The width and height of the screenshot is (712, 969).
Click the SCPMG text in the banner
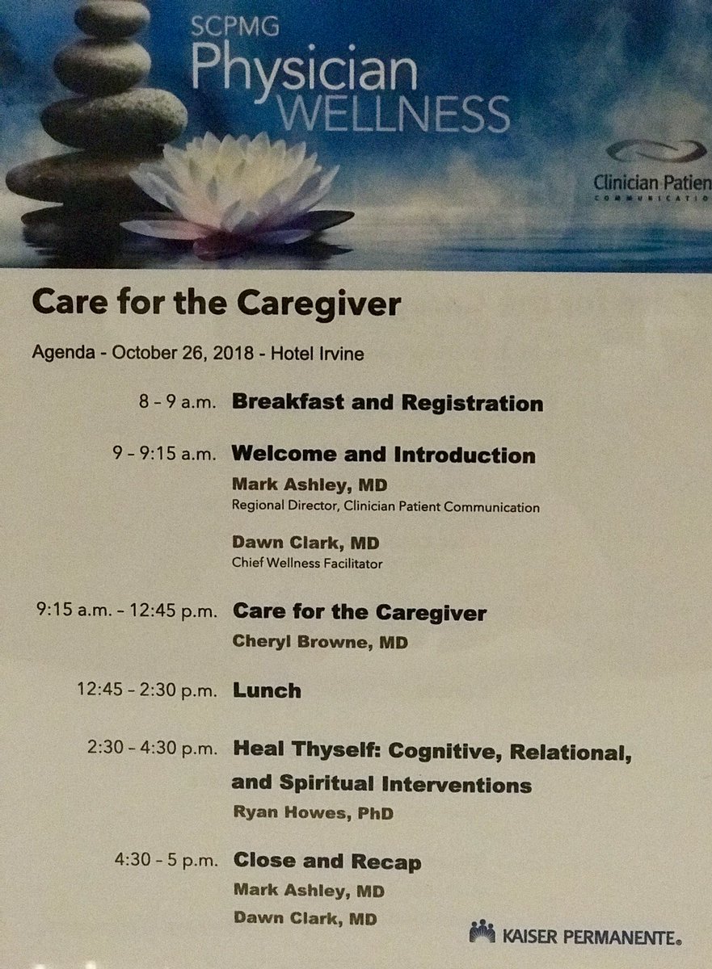(235, 27)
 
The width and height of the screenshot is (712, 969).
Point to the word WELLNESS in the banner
(394, 113)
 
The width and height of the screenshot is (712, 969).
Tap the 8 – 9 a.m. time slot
(177, 402)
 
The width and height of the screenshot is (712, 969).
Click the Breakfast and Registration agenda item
(387, 402)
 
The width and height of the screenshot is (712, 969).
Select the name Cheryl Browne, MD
(320, 641)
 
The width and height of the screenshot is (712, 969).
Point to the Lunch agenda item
(267, 690)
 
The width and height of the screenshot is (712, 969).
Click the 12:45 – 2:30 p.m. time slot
(147, 690)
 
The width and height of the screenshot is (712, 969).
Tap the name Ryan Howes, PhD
(313, 812)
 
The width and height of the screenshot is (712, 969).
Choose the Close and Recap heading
(327, 861)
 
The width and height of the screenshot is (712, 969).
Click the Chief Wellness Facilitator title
(307, 564)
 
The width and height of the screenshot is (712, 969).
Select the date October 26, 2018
(183, 353)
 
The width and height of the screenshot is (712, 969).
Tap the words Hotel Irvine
(318, 354)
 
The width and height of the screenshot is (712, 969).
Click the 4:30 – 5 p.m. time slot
(166, 861)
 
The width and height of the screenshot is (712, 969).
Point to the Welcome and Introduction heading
(384, 454)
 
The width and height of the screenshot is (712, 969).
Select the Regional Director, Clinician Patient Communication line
(385, 505)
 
